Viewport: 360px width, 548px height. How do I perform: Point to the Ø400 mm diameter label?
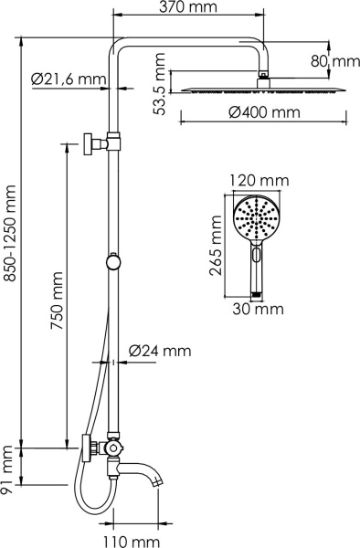pos(264,113)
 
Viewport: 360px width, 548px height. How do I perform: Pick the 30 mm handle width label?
pos(256,310)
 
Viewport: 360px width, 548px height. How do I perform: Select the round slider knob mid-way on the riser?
pos(112,262)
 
